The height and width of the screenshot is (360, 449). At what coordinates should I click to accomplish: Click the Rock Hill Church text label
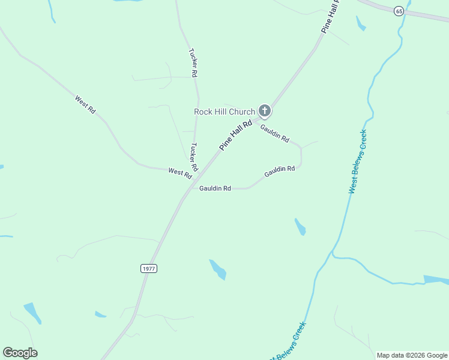click(224, 112)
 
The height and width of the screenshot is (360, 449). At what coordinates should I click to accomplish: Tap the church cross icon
click(264, 111)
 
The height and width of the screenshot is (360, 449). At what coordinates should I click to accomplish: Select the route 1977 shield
click(149, 268)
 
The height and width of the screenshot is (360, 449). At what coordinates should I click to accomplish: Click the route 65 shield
click(399, 11)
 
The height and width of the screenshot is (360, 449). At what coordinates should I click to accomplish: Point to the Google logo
click(20, 353)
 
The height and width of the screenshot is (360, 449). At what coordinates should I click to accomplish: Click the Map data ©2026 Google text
click(412, 355)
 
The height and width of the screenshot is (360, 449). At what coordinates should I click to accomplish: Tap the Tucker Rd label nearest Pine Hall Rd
click(194, 157)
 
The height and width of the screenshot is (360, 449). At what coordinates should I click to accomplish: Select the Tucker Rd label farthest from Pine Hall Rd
click(193, 62)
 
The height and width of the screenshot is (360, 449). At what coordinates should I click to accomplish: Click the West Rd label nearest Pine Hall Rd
click(180, 172)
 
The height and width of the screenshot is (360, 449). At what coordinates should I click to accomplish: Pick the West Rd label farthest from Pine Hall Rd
click(85, 104)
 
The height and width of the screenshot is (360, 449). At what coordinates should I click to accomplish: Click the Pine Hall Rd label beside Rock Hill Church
click(235, 134)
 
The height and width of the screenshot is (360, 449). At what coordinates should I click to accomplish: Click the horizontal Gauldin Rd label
click(215, 188)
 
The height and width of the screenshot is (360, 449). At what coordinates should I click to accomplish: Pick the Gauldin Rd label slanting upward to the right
click(279, 172)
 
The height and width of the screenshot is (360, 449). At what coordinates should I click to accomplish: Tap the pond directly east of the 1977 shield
click(218, 269)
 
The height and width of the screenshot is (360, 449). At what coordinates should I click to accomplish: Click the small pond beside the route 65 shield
click(361, 23)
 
